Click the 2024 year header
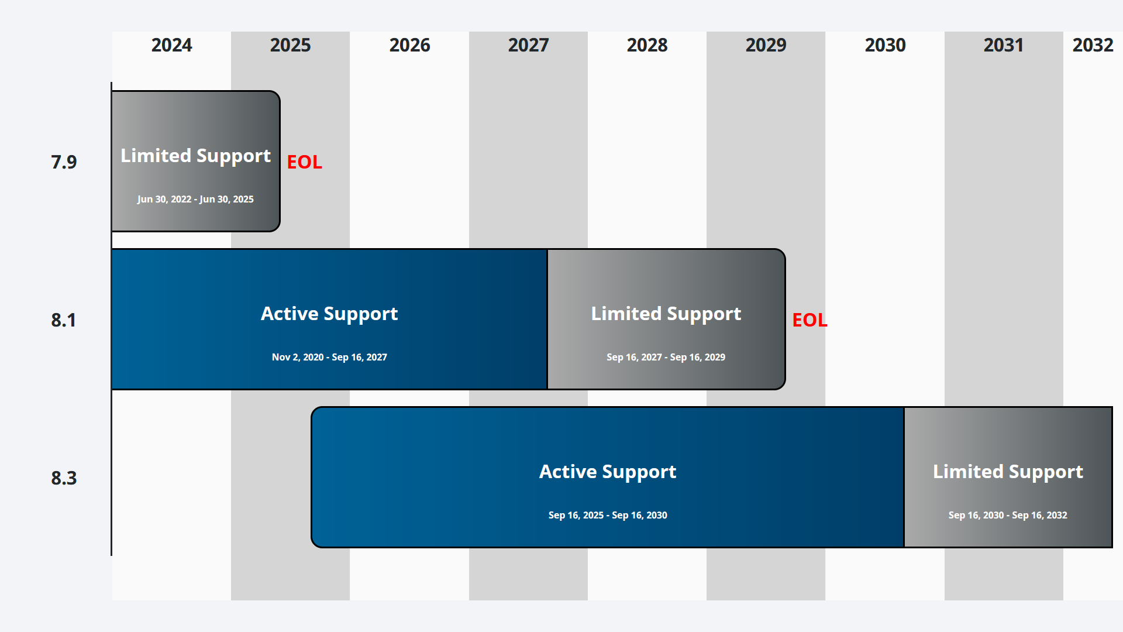pos(171,45)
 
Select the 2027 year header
pos(528,45)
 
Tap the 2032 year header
pos(1092,45)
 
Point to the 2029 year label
pos(766,45)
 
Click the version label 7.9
pos(64,162)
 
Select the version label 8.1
pos(64,320)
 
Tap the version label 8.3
pos(64,478)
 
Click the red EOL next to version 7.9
pos(304,162)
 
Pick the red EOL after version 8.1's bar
pos(809,320)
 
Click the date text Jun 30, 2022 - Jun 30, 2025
pos(195,199)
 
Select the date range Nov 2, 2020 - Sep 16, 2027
pos(329,357)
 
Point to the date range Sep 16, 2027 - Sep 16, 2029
pos(666,357)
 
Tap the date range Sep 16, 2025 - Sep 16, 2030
pos(608,515)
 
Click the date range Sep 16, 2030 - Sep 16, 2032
pos(1008,515)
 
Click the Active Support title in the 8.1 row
pos(329,314)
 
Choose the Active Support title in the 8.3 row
pos(608,472)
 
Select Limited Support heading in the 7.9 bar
pos(195,156)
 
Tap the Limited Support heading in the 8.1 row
pos(666,314)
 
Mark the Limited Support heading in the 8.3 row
pos(1008,472)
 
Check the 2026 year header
pos(409,45)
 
